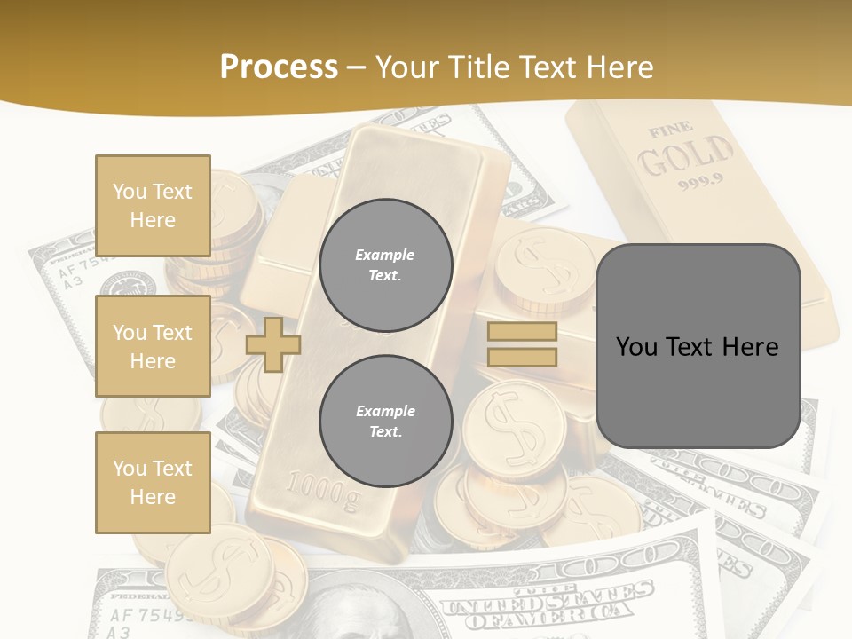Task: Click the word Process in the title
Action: click(x=279, y=67)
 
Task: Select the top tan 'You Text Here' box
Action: click(x=153, y=206)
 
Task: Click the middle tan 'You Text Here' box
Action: click(x=153, y=346)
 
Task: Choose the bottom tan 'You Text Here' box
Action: click(x=153, y=483)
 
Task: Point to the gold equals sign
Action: click(x=522, y=344)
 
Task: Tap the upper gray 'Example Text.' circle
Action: click(x=385, y=264)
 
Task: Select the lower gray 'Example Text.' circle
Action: click(x=385, y=421)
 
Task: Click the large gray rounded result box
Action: click(x=698, y=346)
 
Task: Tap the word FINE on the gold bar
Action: click(x=671, y=131)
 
